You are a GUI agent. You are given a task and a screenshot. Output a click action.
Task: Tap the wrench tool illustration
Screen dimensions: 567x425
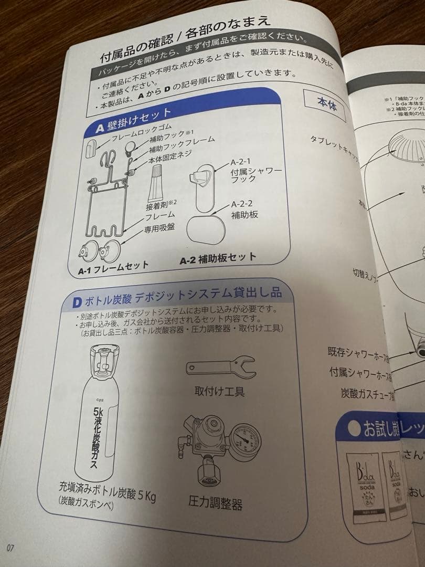tap(220, 366)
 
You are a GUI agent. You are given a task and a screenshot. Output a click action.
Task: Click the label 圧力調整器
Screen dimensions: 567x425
tap(215, 503)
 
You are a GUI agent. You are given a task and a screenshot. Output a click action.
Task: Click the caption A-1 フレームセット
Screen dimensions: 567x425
tap(113, 268)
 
